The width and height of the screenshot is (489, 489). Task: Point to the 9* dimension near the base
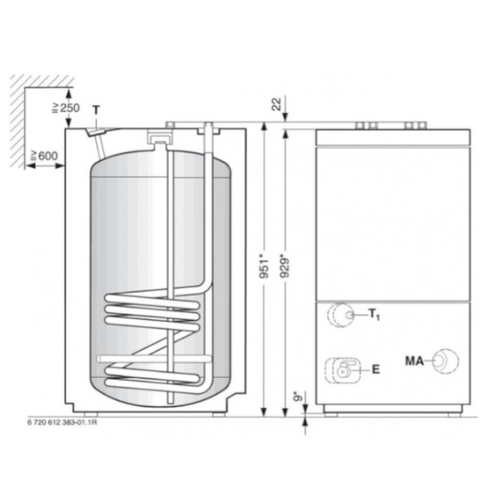point(297,392)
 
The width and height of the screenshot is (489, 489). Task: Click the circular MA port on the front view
point(445,360)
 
